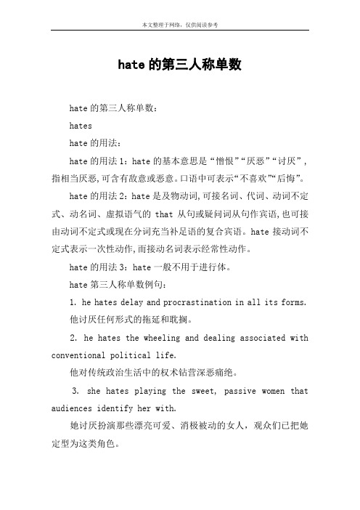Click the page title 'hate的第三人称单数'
tap(179, 65)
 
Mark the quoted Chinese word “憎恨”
tap(222, 158)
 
